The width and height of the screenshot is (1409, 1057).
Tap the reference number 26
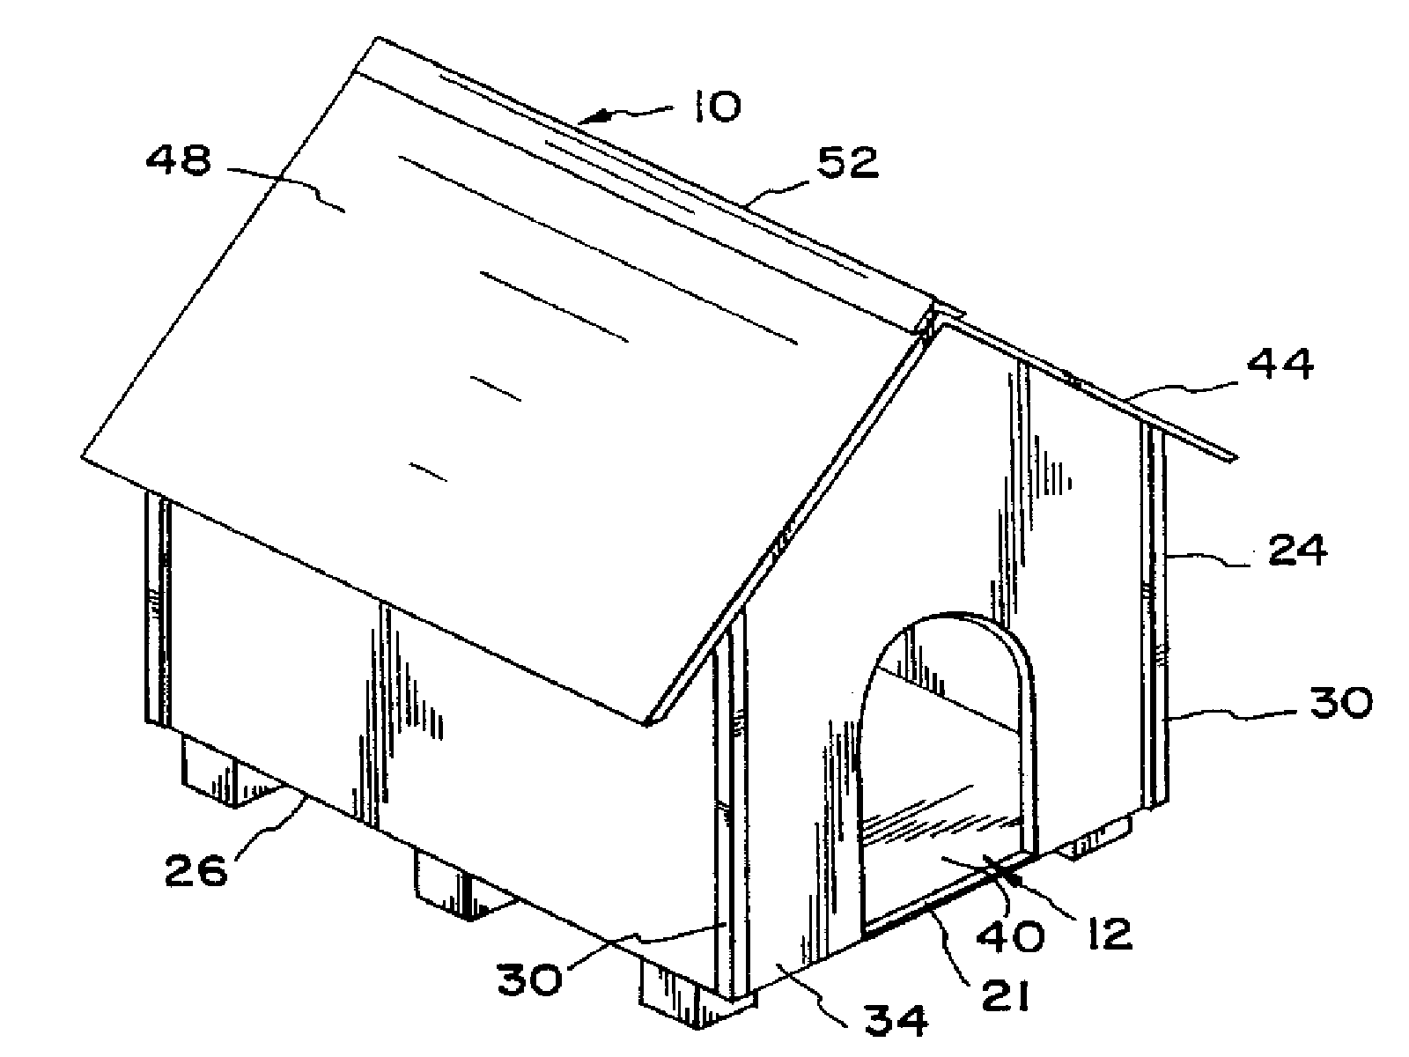point(195,869)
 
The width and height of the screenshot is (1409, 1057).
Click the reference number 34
point(896,1019)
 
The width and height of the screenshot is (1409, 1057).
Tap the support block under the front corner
point(697,997)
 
